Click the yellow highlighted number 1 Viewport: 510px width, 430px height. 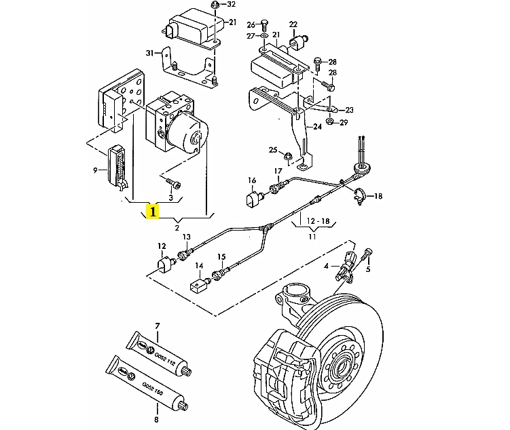(153, 212)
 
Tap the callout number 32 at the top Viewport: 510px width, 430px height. (232, 5)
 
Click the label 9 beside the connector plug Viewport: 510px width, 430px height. (95, 170)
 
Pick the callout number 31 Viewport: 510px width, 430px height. (150, 53)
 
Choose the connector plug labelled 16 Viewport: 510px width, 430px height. (255, 201)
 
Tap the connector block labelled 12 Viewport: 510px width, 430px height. (165, 263)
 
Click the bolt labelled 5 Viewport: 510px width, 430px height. (367, 255)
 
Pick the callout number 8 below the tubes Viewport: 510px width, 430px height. (157, 419)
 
